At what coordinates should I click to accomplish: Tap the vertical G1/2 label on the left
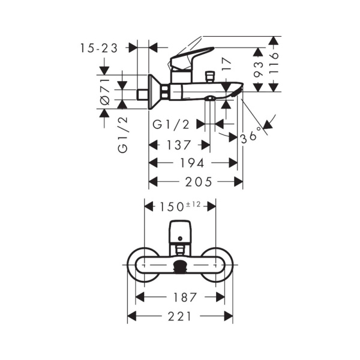click(x=123, y=135)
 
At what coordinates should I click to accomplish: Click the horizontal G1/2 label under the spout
click(x=172, y=125)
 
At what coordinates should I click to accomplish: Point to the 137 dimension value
click(x=179, y=145)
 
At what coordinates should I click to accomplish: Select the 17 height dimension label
click(x=226, y=65)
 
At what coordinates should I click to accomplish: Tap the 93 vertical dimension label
click(x=258, y=69)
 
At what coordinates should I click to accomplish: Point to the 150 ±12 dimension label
click(x=180, y=206)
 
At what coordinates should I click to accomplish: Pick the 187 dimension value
click(x=181, y=297)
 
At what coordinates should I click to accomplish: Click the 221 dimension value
click(x=180, y=316)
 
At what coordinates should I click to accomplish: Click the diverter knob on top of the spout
click(x=210, y=76)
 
